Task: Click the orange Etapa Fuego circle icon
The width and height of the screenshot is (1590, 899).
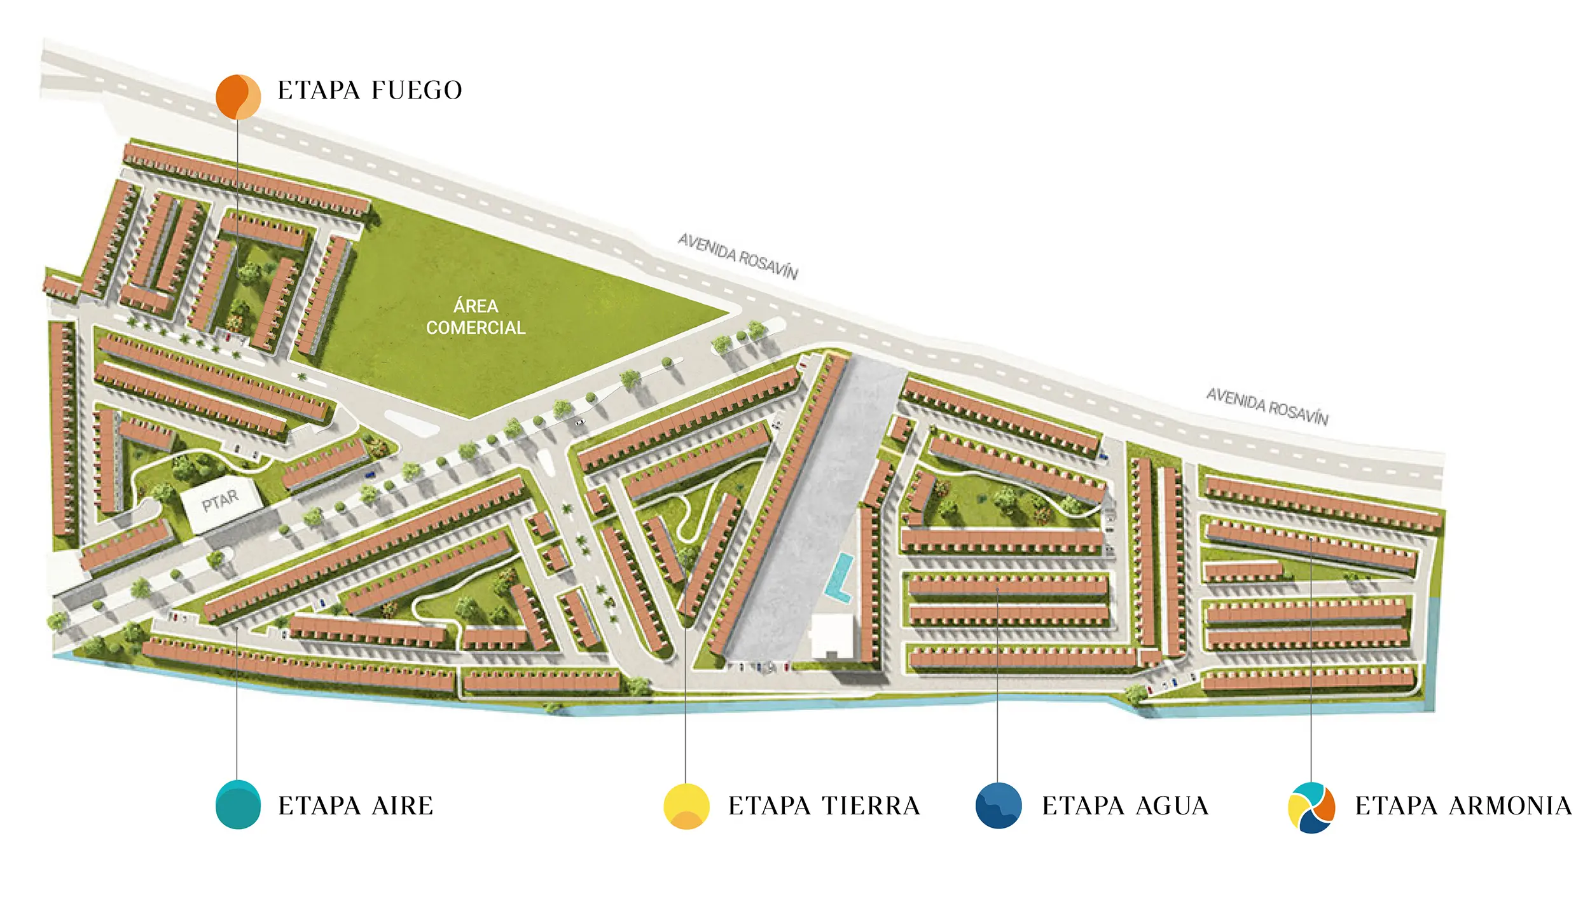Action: click(238, 97)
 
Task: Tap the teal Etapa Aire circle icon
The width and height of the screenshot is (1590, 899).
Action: click(238, 804)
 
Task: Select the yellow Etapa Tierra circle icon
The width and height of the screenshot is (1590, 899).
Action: click(686, 806)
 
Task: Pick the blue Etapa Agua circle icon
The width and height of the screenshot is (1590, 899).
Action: click(999, 806)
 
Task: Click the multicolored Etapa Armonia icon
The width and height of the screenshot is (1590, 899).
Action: click(1311, 807)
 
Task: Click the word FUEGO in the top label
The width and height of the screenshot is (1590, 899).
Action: click(417, 90)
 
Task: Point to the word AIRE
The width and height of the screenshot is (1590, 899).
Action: click(403, 806)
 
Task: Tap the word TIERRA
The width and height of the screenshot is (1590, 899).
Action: click(871, 806)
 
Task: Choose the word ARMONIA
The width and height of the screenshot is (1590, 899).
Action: click(1510, 806)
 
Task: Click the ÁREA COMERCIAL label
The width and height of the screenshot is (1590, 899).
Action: click(476, 317)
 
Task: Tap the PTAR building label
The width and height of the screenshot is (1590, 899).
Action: click(220, 501)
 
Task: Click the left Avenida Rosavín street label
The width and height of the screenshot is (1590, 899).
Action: click(738, 256)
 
